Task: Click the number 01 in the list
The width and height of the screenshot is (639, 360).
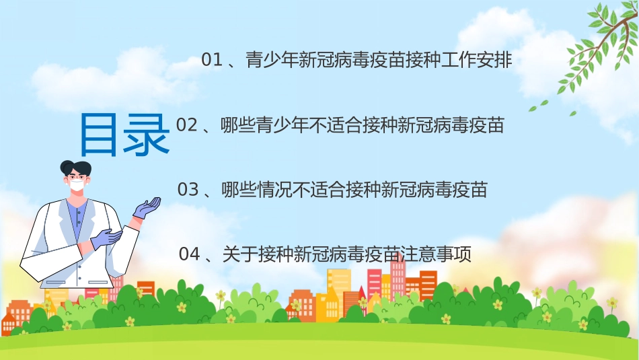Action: pyautogui.click(x=212, y=61)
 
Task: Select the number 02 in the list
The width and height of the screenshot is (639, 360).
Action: pyautogui.click(x=186, y=125)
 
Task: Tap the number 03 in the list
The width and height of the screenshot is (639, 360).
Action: pyautogui.click(x=188, y=190)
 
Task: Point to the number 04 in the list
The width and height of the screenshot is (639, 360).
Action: pyautogui.click(x=190, y=254)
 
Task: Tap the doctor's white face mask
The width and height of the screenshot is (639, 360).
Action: pyautogui.click(x=77, y=185)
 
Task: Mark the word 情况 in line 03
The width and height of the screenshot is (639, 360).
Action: pyautogui.click(x=278, y=190)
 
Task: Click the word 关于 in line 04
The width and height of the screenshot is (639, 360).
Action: pyautogui.click(x=235, y=254)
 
